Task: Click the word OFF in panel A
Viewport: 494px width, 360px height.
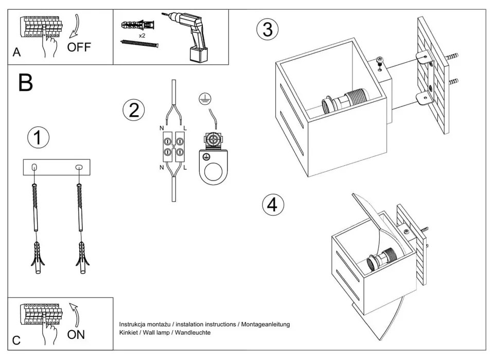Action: tap(79, 48)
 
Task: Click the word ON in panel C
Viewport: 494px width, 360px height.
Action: tap(76, 335)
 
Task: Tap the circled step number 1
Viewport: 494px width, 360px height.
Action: tap(38, 138)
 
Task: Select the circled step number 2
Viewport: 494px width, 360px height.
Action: tap(134, 111)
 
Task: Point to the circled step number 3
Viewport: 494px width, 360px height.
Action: tap(268, 29)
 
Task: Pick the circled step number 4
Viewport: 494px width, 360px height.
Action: tap(273, 204)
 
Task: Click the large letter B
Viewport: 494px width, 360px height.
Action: tap(25, 82)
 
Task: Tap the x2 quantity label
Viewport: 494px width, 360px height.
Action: tap(142, 37)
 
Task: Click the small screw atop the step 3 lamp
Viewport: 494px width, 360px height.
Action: tap(380, 61)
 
